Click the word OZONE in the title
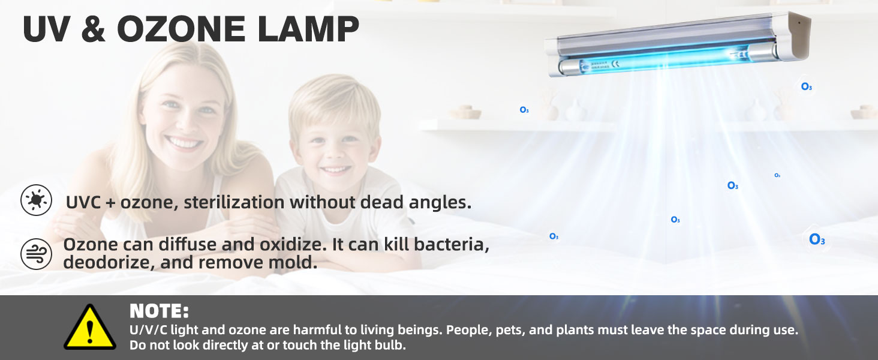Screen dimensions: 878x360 181,29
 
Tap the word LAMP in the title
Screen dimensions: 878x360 308,29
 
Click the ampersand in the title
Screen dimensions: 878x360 94,29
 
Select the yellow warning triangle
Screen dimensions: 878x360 90,327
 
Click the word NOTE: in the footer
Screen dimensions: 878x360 159,311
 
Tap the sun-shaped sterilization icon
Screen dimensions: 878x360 36,200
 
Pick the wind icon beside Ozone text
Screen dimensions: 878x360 36,254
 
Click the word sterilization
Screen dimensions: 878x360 234,202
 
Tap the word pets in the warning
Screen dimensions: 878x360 510,330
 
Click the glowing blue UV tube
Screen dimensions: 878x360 663,60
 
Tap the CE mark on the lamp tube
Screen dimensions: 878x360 616,64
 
